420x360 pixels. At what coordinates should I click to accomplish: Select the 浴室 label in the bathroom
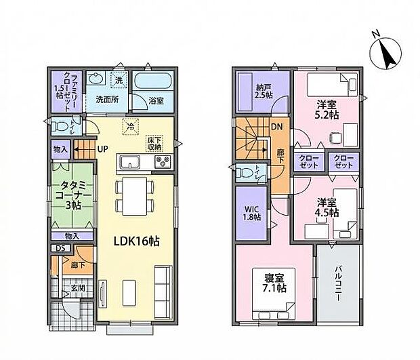[156, 100]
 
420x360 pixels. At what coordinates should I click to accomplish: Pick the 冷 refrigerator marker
[130, 125]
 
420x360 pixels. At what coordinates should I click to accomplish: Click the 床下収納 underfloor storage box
[154, 143]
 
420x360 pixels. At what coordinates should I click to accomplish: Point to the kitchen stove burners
[165, 163]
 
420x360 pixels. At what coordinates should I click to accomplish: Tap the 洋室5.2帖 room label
[327, 110]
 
